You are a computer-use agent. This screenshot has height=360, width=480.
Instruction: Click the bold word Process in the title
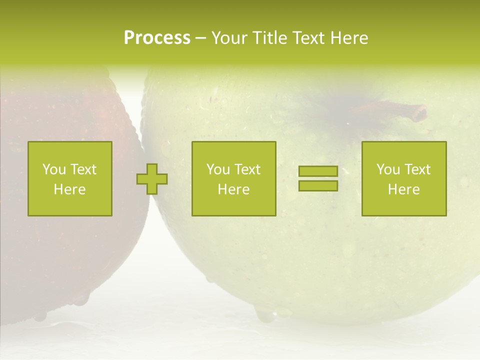pyautogui.click(x=157, y=38)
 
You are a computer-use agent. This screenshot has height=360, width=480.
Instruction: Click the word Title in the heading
pyautogui.click(x=270, y=38)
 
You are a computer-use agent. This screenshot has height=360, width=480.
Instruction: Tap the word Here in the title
pyautogui.click(x=349, y=38)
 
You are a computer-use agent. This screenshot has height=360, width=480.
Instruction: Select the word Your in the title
pyautogui.click(x=230, y=38)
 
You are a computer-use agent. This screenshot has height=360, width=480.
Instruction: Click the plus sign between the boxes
pyautogui.click(x=152, y=179)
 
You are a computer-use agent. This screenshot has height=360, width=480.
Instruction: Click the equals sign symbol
pyautogui.click(x=318, y=178)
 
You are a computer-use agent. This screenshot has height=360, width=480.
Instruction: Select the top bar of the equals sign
pyautogui.click(x=318, y=171)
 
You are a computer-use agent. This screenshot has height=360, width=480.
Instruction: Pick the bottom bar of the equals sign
pyautogui.click(x=318, y=185)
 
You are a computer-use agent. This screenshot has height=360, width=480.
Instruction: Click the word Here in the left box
pyautogui.click(x=70, y=189)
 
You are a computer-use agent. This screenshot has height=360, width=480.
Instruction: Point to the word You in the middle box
pyautogui.click(x=218, y=169)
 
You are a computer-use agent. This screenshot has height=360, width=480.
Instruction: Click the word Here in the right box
pyautogui.click(x=404, y=189)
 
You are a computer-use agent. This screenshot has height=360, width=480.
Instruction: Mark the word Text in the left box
pyautogui.click(x=82, y=169)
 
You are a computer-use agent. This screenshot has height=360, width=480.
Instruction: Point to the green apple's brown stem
pyautogui.click(x=395, y=108)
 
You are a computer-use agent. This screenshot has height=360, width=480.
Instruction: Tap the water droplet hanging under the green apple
pyautogui.click(x=265, y=315)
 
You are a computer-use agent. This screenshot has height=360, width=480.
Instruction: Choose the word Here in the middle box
pyautogui.click(x=234, y=189)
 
